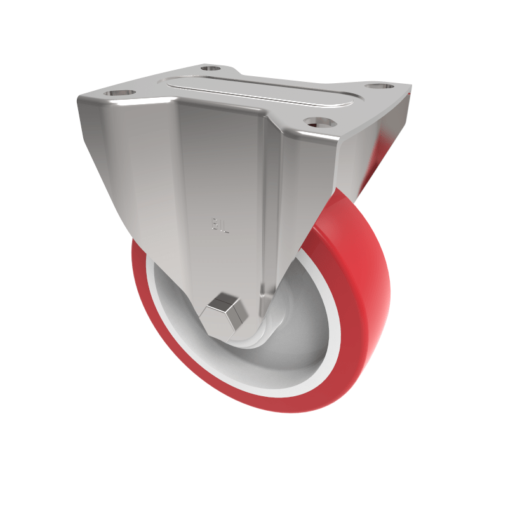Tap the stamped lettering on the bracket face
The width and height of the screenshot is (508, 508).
tap(218, 224)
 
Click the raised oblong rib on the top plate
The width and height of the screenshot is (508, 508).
tap(260, 91)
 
